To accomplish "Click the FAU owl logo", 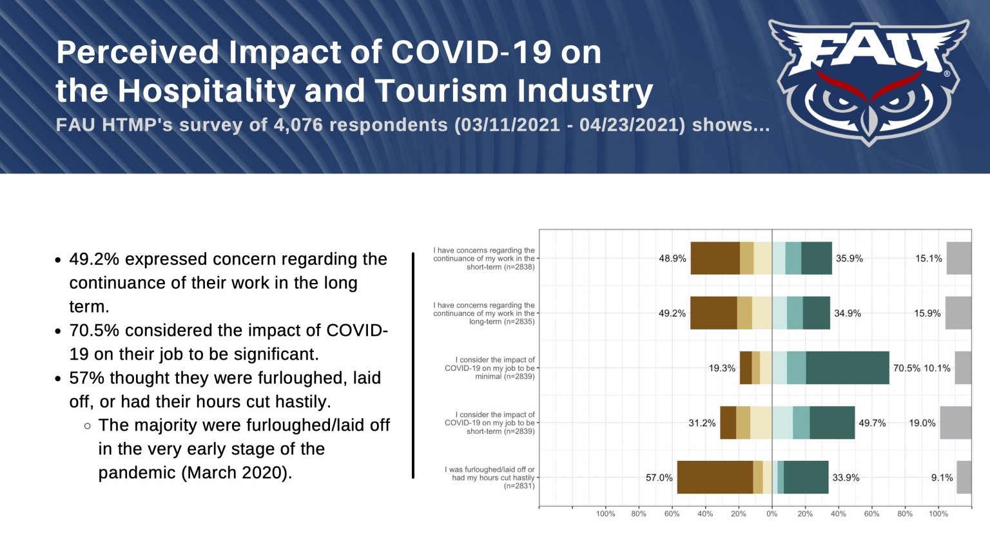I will point(869,81).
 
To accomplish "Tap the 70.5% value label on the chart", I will point(906,368).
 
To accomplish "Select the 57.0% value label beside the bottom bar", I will point(659,478).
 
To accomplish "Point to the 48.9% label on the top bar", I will point(672,259).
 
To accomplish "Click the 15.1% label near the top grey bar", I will point(928,259).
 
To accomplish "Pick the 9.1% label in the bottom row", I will point(942,478).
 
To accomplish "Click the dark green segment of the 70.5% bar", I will point(847,368).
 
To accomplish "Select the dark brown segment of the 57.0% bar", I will point(715,478).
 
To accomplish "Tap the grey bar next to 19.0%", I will point(955,423).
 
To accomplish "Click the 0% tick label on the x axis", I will point(772,514).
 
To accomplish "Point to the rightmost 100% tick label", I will point(938,514).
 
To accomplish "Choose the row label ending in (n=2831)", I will point(490,478).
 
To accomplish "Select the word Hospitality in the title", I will point(206,91).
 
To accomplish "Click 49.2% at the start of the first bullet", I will point(94,259).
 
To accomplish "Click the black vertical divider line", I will point(413,365).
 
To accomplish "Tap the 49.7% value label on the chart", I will point(872,423).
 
